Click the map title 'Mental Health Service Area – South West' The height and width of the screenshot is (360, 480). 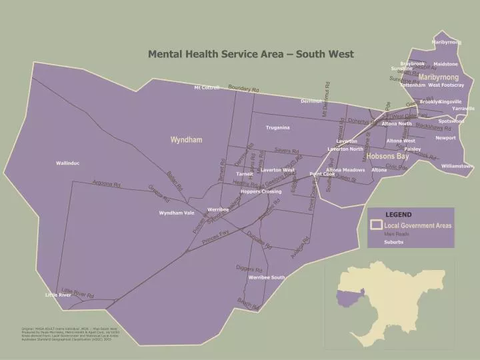coord(251,54)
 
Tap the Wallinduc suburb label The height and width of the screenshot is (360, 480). coord(68,163)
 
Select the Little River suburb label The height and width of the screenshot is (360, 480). coord(58,295)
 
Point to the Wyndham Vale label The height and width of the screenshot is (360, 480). coord(177,213)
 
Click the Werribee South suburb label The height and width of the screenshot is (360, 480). coord(267,277)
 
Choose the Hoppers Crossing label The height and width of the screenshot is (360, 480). coord(261,191)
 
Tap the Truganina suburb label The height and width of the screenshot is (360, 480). coord(277,127)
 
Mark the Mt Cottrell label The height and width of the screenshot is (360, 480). coord(207,87)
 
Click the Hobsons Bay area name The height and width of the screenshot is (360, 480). coord(387,156)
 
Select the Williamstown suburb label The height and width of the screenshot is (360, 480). coord(457,165)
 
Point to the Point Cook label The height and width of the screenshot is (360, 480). coord(322,174)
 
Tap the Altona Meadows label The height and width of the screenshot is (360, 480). coord(345,170)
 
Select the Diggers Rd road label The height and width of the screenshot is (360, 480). coord(249,269)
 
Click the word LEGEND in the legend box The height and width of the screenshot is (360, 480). coord(399,215)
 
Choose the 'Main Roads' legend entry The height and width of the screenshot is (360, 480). coord(396,234)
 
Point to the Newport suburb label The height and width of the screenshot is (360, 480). coord(445,138)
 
